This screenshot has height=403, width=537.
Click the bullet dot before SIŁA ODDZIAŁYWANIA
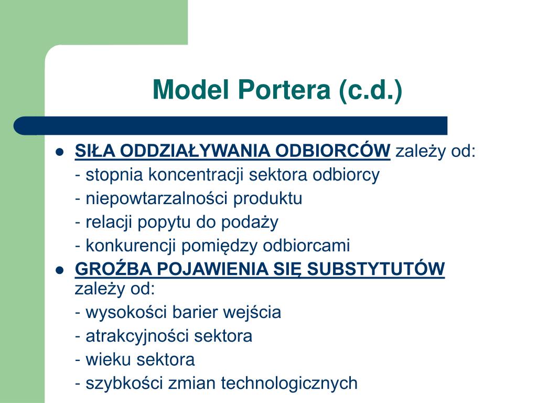[59, 152]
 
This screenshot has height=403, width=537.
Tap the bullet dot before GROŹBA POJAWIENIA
[59, 270]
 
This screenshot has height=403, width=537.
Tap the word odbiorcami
[307, 245]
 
